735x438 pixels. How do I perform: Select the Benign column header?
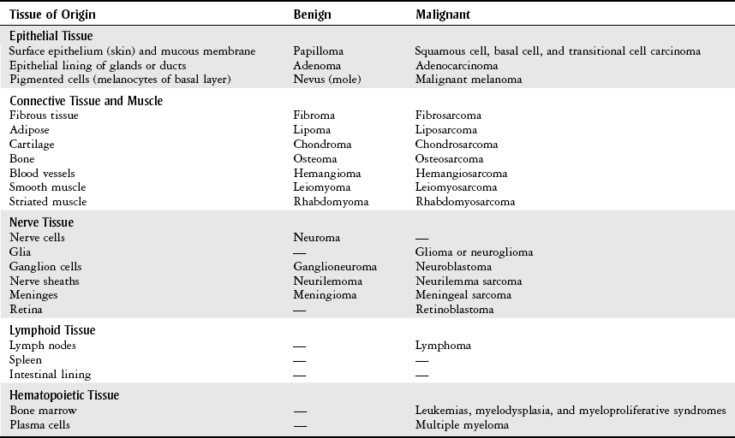pyautogui.click(x=312, y=15)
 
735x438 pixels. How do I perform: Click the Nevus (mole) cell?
pyautogui.click(x=324, y=80)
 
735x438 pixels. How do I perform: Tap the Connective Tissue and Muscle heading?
pyautogui.click(x=86, y=101)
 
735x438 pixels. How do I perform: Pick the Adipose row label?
pyautogui.click(x=29, y=130)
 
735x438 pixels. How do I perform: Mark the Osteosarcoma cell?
pyautogui.click(x=449, y=159)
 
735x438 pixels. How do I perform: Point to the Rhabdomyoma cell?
pyautogui.click(x=330, y=202)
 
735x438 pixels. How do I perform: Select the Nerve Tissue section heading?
pyautogui.click(x=42, y=223)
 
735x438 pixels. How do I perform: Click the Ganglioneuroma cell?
pyautogui.click(x=334, y=267)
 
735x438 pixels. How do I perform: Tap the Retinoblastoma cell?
pyautogui.click(x=454, y=310)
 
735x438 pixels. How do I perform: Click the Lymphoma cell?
pyautogui.click(x=443, y=346)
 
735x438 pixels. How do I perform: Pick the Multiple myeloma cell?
pyautogui.click(x=462, y=425)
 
